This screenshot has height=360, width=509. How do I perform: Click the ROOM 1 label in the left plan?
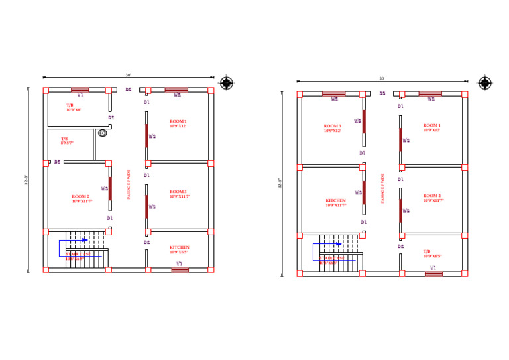click(x=178, y=123)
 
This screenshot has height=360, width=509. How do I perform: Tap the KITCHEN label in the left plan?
click(x=179, y=249)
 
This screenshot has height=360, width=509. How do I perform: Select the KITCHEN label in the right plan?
click(x=335, y=202)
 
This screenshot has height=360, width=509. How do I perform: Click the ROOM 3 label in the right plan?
click(x=332, y=128)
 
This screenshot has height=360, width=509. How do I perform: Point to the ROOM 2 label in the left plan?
click(x=82, y=198)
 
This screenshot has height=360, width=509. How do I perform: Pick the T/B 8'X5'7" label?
click(x=67, y=141)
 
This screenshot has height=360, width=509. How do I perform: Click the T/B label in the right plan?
click(x=432, y=253)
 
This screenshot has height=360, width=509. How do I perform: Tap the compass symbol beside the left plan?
click(x=227, y=83)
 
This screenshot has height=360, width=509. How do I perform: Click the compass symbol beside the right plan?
click(x=485, y=83)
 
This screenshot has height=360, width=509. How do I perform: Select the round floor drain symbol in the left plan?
click(x=103, y=133)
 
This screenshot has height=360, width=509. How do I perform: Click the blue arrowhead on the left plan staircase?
click(x=85, y=240)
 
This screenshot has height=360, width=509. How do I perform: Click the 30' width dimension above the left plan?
click(x=128, y=75)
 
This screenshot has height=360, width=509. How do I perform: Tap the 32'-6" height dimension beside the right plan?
click(x=280, y=183)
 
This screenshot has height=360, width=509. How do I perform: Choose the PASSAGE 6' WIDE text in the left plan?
click(x=129, y=184)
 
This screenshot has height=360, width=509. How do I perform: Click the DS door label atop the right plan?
click(x=382, y=93)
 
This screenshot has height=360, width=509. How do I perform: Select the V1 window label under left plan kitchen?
click(x=179, y=264)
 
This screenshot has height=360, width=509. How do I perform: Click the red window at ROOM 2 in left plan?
click(x=110, y=188)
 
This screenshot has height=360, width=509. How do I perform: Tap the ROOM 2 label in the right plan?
click(x=432, y=198)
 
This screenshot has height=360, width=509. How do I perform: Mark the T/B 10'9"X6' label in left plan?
click(x=73, y=107)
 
